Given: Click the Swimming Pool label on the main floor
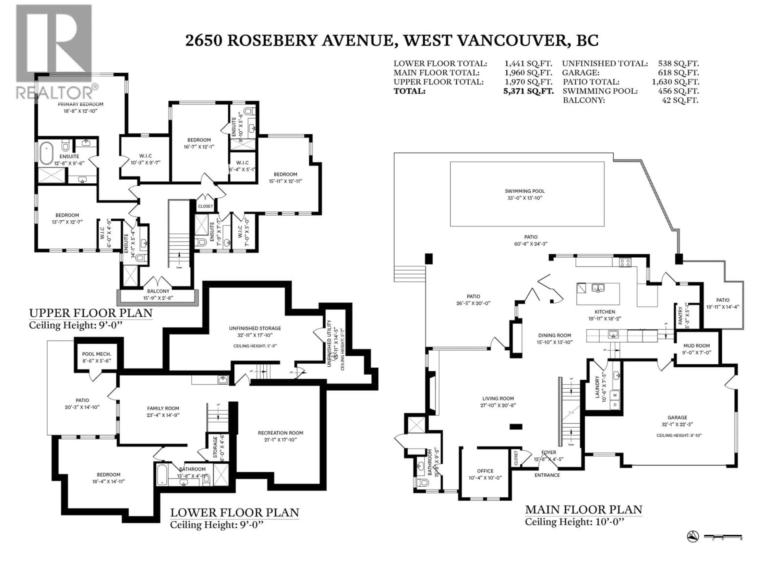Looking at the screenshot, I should (x=525, y=191).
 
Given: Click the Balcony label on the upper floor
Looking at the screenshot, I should (x=158, y=291).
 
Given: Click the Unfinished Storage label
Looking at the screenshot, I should (x=255, y=328).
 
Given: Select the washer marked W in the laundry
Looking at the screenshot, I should (x=615, y=395).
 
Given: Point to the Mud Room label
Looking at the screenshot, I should (x=696, y=346).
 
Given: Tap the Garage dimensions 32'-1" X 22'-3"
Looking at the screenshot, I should (x=677, y=425).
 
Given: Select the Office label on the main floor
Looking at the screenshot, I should (x=485, y=471).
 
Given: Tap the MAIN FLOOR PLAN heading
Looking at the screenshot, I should (x=583, y=510).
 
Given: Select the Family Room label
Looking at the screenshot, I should (x=163, y=409).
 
